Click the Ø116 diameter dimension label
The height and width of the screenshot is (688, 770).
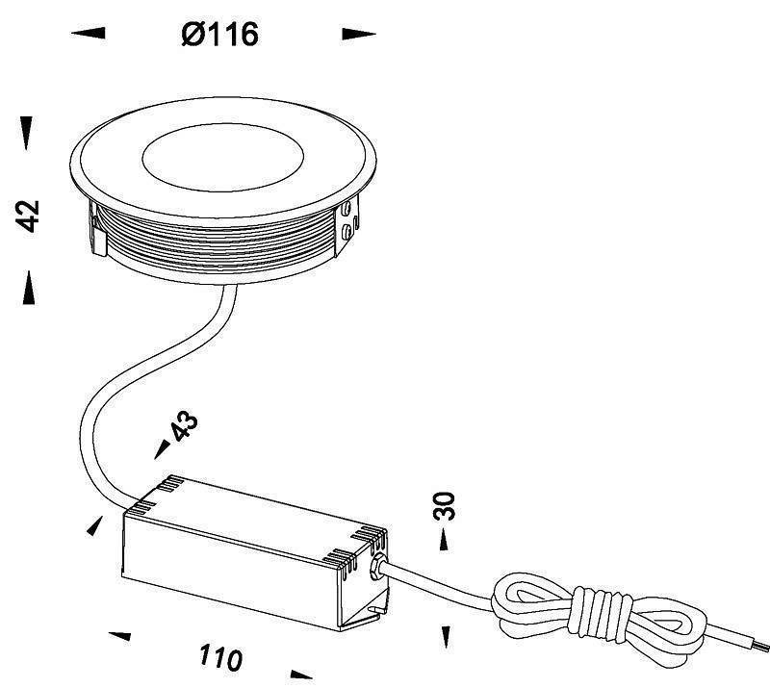219,36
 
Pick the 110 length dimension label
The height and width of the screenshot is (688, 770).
220,658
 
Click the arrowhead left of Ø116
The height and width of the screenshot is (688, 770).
90,34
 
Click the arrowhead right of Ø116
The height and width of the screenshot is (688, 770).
358,35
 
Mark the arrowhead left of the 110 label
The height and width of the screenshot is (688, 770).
119,635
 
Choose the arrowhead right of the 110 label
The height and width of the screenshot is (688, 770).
300,674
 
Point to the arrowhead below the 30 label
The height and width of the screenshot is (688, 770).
445,636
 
